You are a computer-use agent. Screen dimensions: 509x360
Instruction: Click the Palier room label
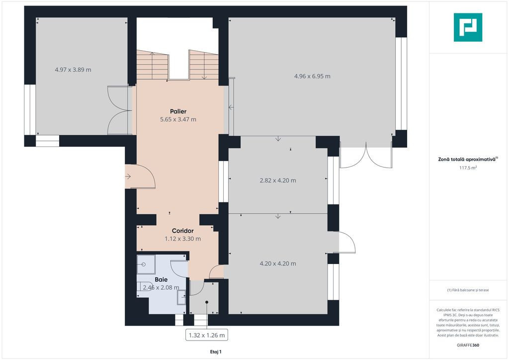[178, 111]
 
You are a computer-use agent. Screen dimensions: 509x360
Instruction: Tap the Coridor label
[182, 231]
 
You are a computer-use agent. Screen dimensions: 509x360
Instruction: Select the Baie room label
[161, 279]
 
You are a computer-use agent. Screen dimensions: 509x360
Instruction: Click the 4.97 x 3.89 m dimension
[73, 70]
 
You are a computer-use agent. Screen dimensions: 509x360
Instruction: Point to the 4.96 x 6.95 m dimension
[312, 76]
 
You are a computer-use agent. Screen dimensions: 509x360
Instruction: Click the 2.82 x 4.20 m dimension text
[278, 180]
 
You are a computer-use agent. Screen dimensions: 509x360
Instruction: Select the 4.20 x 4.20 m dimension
[278, 264]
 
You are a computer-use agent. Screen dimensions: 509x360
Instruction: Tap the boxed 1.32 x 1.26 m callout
[207, 335]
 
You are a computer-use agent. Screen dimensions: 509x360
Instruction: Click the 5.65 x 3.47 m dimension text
[178, 119]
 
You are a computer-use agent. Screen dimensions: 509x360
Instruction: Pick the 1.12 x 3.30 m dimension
[182, 239]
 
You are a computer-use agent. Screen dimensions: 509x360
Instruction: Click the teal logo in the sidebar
[468, 27]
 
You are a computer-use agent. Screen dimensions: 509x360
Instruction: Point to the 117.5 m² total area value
[468, 168]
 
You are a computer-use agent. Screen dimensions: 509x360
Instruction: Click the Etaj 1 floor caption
[216, 352]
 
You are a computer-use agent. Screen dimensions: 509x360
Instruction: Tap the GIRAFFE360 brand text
[468, 345]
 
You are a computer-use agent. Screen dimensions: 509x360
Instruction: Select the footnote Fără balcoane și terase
[468, 290]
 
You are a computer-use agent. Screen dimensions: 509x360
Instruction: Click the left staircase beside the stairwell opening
[153, 65]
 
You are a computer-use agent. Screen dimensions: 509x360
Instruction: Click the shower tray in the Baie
[146, 264]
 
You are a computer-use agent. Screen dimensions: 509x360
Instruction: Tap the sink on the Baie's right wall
[181, 297]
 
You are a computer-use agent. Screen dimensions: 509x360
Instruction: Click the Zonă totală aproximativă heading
[468, 160]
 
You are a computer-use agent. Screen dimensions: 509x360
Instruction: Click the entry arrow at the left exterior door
[128, 177]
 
